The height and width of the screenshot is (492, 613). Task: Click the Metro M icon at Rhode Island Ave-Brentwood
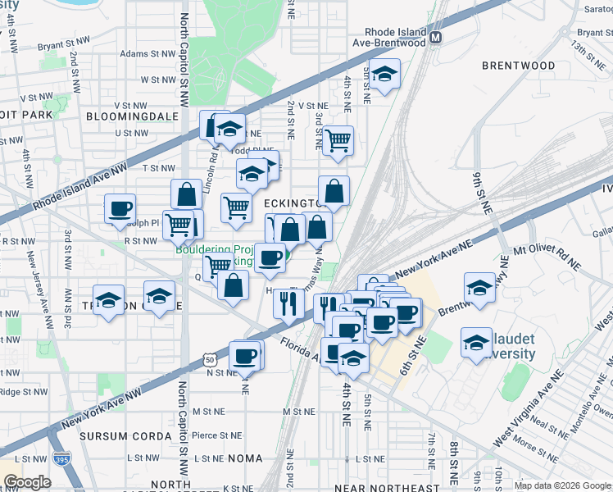[437, 37]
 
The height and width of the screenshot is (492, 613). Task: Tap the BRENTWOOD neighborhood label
[518, 66]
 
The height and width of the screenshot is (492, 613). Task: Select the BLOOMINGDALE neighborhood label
[132, 116]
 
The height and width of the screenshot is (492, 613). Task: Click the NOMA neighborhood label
[245, 458]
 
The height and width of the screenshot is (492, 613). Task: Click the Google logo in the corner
[27, 482]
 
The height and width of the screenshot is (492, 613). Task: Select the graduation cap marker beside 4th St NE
[384, 75]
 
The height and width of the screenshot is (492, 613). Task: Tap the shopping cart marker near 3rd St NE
[337, 141]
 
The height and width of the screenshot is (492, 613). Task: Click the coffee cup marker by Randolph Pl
[120, 208]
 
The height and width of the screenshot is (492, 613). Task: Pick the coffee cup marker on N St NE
[245, 356]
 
